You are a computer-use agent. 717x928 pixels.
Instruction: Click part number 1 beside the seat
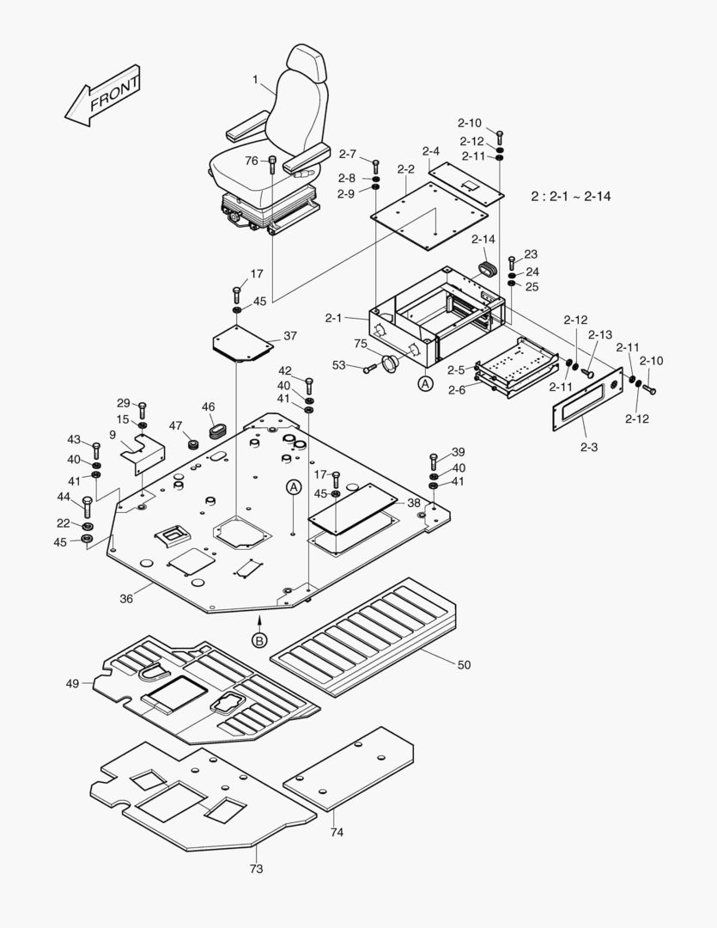click(x=255, y=79)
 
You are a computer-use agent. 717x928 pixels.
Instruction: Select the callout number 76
click(x=251, y=161)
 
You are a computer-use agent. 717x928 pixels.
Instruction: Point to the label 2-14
click(x=483, y=239)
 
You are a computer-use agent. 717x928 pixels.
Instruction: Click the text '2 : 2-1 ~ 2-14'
click(x=570, y=196)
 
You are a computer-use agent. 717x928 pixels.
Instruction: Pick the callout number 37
click(x=290, y=335)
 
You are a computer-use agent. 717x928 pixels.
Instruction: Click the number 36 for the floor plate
click(x=126, y=599)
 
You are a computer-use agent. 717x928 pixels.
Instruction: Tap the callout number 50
click(x=464, y=665)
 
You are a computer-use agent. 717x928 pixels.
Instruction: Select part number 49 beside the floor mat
click(x=72, y=683)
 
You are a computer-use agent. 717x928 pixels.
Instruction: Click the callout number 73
click(x=256, y=869)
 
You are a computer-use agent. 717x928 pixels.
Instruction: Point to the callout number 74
click(x=336, y=833)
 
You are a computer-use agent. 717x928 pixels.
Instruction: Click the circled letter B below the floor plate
click(x=259, y=639)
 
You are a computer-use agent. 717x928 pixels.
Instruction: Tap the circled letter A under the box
click(x=425, y=384)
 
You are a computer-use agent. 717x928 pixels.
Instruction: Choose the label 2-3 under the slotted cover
click(x=589, y=447)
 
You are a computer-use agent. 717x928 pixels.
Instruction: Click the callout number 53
click(x=338, y=365)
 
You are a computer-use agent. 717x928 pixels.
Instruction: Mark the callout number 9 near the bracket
click(x=112, y=435)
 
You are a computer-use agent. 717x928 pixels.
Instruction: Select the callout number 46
click(x=208, y=406)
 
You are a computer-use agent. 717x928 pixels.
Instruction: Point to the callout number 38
click(x=414, y=503)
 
